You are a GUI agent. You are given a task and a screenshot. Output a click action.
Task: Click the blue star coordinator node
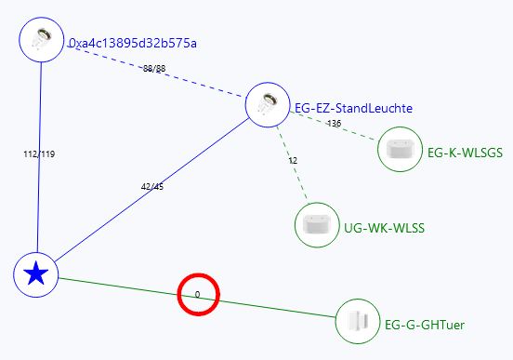pos(36,273)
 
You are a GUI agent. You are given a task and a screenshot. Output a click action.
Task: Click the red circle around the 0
pos(197,295)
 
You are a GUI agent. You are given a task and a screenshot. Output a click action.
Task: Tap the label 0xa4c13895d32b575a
pos(132,44)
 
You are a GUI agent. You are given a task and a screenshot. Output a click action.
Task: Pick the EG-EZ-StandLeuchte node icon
pos(267,105)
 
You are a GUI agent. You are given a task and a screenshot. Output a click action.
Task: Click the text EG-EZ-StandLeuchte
pos(352,109)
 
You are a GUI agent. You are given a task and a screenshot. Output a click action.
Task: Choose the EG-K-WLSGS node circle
pos(400,149)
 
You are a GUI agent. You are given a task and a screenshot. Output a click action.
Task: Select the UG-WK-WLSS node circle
pos(316,225)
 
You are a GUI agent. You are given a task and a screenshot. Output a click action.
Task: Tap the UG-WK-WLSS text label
pos(376,227)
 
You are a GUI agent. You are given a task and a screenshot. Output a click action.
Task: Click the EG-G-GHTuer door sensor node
pos(357,321)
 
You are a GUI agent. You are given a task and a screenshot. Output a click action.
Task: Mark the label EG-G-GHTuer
pos(424,325)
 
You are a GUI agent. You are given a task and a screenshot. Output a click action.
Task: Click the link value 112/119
pos(38,154)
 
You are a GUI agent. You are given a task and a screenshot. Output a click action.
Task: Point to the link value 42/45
pos(151,186)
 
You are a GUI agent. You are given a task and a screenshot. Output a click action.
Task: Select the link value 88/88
pos(154,69)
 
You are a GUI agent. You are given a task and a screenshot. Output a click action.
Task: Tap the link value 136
pos(334,124)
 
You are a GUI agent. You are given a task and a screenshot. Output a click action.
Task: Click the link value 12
pos(293,160)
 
